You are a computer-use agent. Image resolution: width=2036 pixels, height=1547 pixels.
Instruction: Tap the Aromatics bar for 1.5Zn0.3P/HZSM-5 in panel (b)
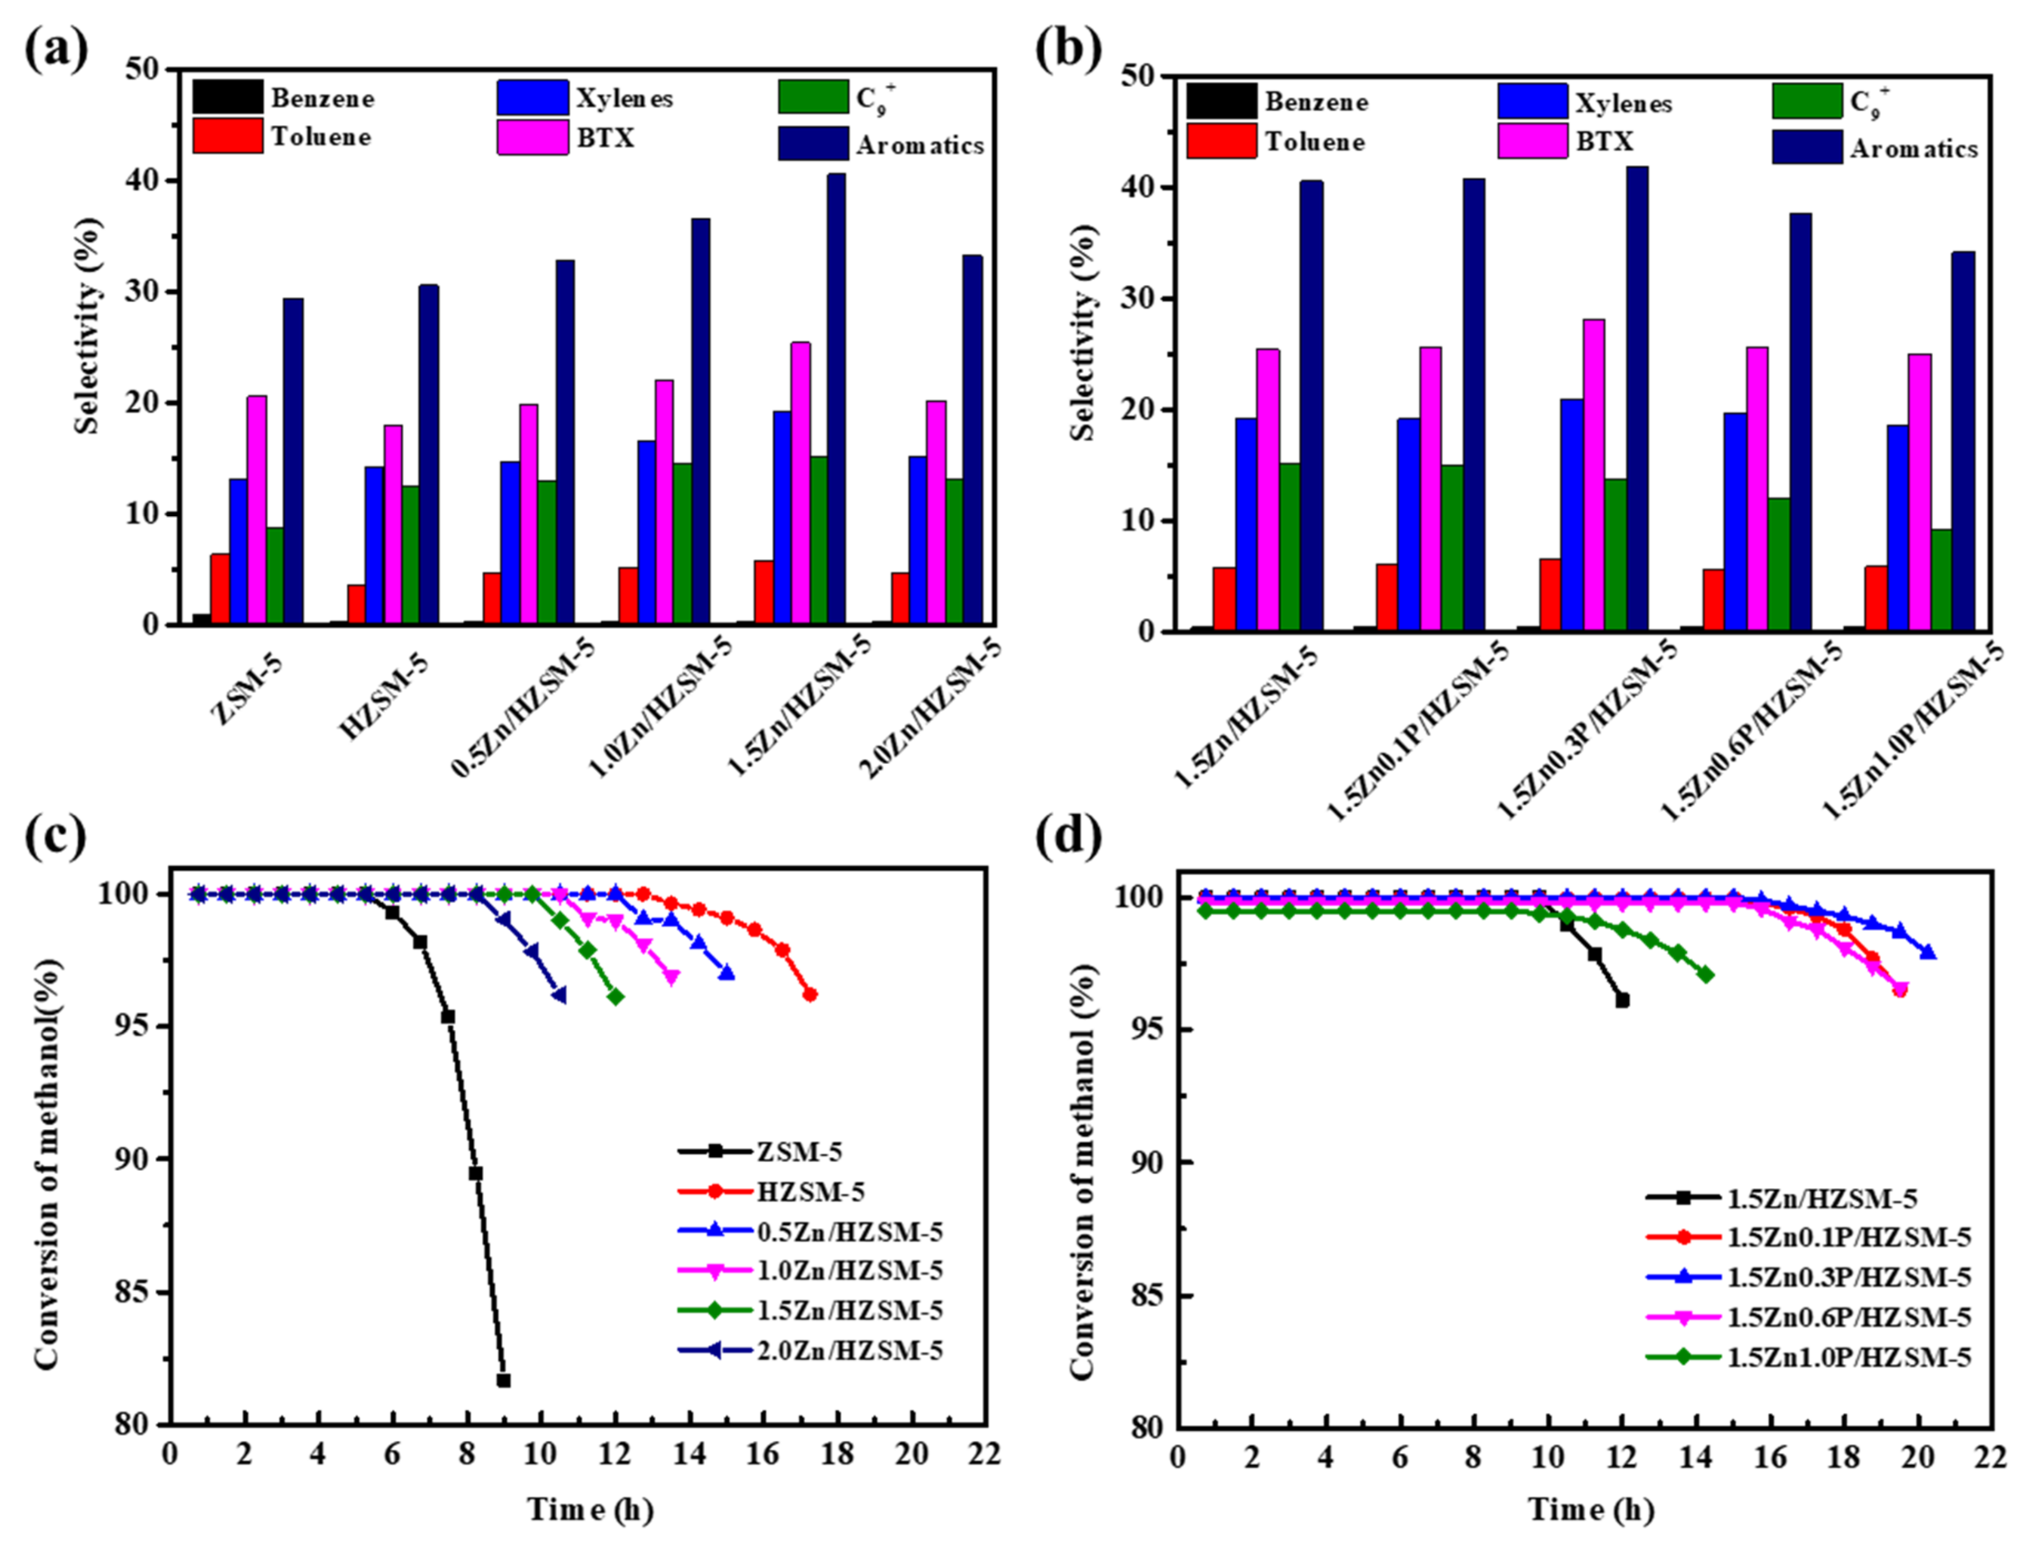(1636, 399)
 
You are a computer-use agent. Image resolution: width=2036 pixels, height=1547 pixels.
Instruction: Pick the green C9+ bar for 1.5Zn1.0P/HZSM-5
(1940, 580)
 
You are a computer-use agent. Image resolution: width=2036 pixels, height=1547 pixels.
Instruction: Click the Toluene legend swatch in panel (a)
(227, 136)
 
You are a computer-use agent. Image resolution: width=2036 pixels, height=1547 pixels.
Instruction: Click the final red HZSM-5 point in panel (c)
(810, 995)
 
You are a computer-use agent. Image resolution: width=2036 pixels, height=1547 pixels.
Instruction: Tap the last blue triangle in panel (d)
(1927, 952)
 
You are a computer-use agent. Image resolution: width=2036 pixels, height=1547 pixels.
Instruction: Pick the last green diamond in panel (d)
(1706, 975)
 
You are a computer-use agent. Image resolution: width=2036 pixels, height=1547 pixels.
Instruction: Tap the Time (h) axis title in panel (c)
(590, 1510)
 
